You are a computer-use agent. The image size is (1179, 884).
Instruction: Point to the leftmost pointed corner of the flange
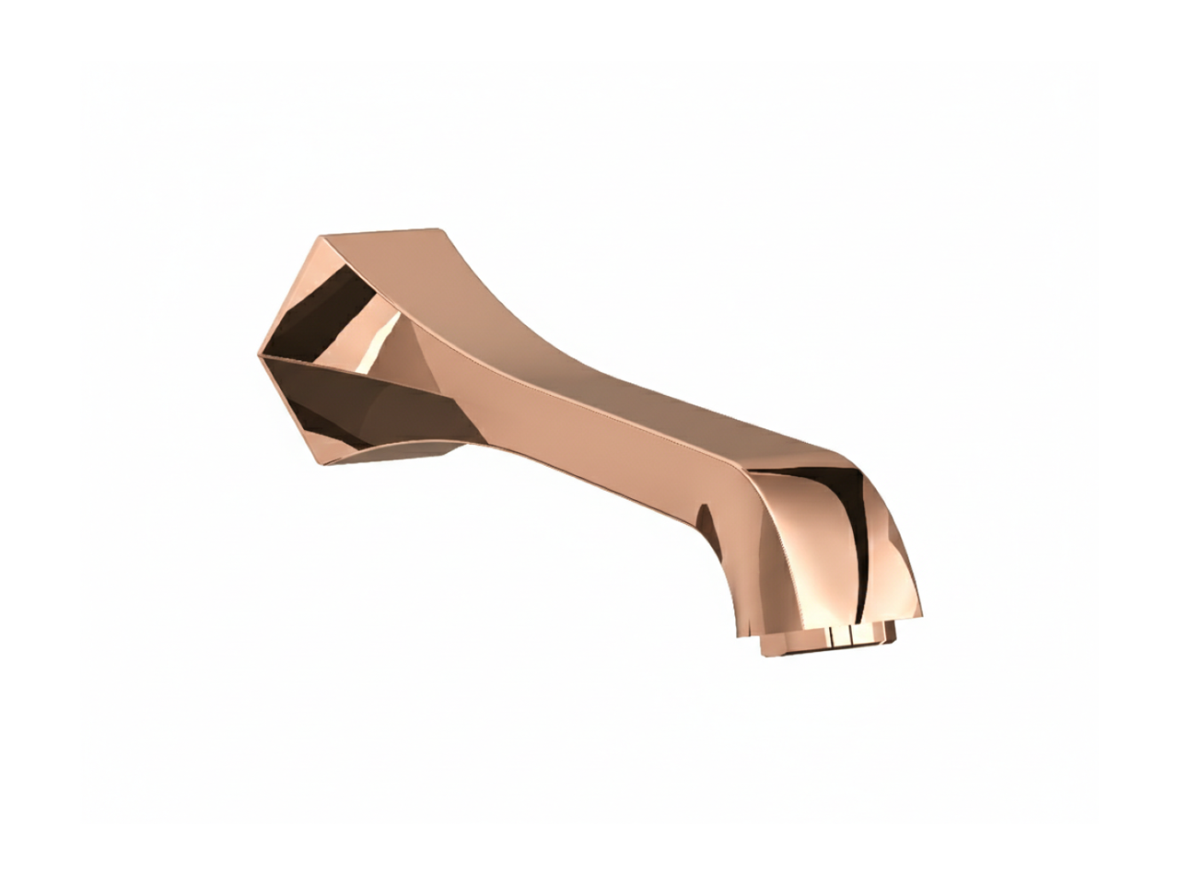(258, 354)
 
